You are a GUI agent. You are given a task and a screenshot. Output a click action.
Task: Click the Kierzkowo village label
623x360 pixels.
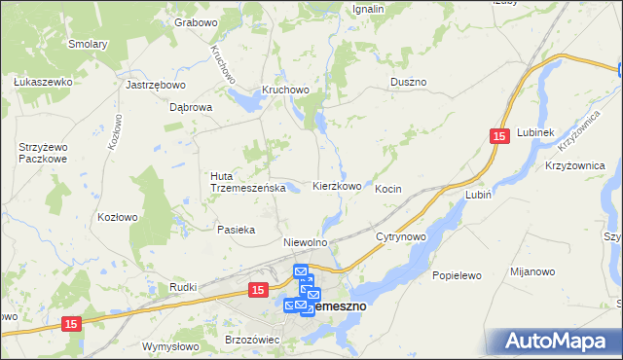(x=338, y=186)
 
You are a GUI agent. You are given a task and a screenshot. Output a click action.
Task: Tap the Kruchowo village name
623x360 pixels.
(x=284, y=90)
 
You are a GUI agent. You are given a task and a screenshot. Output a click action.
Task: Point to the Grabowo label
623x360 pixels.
(x=195, y=21)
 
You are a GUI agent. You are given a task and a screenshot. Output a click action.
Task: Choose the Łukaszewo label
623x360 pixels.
(x=44, y=83)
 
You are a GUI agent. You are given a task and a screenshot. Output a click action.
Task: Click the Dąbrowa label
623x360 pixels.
(x=191, y=108)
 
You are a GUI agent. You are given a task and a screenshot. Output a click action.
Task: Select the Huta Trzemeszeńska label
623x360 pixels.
(x=246, y=182)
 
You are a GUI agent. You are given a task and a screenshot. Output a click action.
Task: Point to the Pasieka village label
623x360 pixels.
(x=237, y=231)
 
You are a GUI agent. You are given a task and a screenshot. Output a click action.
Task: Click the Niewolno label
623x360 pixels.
(x=304, y=241)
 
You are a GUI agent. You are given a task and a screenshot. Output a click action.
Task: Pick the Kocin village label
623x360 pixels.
(x=388, y=188)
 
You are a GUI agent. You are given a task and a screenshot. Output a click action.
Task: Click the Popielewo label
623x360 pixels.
(x=458, y=275)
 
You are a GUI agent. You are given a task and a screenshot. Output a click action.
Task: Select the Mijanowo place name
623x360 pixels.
(x=535, y=275)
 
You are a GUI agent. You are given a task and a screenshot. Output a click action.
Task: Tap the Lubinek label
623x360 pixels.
(x=535, y=131)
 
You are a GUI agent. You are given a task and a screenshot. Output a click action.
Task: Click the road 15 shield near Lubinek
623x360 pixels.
(x=499, y=139)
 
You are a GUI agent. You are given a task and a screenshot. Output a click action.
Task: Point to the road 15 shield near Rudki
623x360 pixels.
(x=258, y=290)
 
